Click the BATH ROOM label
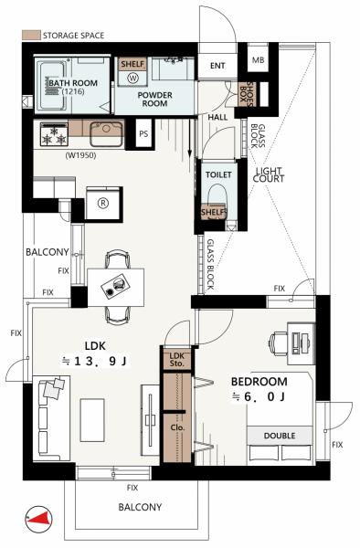click(73, 83)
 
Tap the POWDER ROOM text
click(154, 100)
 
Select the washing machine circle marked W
click(132, 78)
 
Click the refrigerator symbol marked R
click(103, 204)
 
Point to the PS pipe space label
click(143, 134)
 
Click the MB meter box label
click(258, 60)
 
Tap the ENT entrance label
click(217, 66)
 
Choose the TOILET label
click(218, 174)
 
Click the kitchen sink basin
click(106, 134)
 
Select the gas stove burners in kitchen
click(54, 134)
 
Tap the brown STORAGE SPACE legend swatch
click(31, 35)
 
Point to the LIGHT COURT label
click(269, 175)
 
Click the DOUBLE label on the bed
click(280, 436)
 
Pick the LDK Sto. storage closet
click(177, 359)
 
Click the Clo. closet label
click(177, 427)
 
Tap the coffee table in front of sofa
click(92, 420)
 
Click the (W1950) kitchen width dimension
click(80, 155)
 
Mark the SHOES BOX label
click(247, 94)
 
